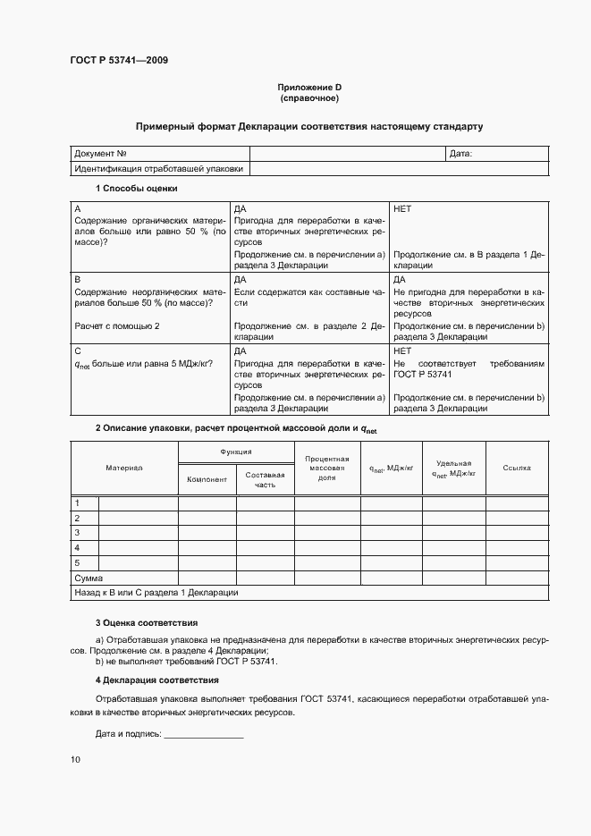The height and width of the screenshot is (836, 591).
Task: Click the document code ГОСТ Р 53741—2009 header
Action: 119,61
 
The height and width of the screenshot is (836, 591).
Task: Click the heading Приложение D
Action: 309,87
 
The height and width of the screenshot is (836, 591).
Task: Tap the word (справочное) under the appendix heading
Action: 309,97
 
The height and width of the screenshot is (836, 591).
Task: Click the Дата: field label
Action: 460,154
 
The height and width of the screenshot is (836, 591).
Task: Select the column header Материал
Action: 124,468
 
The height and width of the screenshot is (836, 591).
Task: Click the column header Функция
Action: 236,452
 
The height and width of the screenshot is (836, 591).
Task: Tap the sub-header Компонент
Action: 207,479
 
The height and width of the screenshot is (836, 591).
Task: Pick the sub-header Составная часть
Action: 265,479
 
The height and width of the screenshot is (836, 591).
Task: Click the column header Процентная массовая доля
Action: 326,468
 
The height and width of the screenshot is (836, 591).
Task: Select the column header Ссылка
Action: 517,468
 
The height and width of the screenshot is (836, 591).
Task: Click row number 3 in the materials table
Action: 78,532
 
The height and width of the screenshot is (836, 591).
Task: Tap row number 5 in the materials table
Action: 78,562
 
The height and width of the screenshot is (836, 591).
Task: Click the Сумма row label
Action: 89,578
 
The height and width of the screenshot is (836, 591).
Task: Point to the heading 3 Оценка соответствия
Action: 146,622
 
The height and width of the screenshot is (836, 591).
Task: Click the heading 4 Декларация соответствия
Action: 151,680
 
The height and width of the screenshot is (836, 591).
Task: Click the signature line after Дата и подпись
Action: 204,734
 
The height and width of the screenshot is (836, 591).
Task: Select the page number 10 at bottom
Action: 75,760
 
